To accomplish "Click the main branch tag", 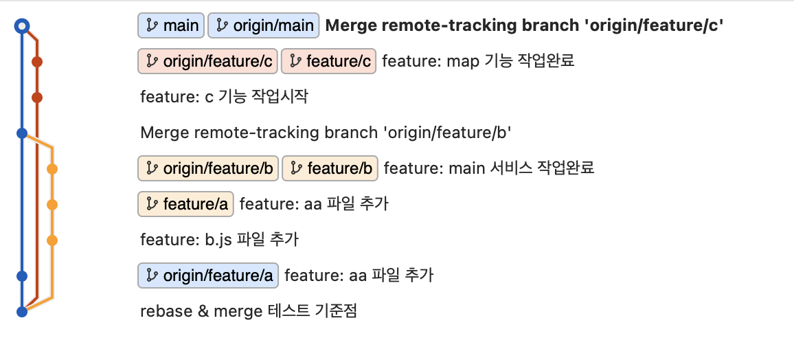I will click(x=171, y=26).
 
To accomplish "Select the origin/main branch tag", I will click(x=264, y=26).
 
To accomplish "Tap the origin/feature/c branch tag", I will click(x=207, y=62).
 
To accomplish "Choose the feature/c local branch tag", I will click(x=329, y=62).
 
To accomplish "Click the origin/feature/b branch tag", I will click(x=208, y=168).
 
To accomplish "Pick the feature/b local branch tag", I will click(x=330, y=168).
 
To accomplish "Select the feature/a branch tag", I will click(x=186, y=204).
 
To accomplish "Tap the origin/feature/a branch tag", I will click(x=208, y=275).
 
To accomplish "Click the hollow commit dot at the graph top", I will click(x=22, y=26).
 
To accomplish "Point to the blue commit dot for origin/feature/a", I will click(x=22, y=276).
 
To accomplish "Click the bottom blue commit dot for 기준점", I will click(x=22, y=312).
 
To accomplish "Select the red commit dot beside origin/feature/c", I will click(x=37, y=62).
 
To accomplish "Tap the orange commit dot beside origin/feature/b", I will click(x=52, y=168).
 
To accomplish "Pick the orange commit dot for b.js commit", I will click(x=52, y=240).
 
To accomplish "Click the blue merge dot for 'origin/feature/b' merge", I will click(x=22, y=133).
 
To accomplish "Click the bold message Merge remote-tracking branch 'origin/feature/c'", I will click(x=525, y=26).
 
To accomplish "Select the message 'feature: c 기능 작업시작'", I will click(x=224, y=97).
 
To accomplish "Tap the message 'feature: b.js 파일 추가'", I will click(x=219, y=240).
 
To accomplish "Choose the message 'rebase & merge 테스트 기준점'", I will click(x=249, y=311).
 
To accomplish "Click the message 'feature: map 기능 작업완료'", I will click(x=478, y=62).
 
